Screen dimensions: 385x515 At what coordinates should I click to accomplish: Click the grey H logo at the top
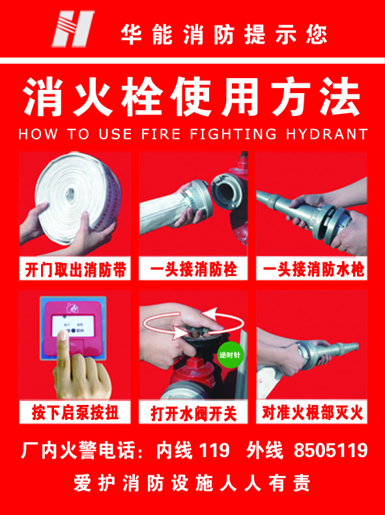[72, 29]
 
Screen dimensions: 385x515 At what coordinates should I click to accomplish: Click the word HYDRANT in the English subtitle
[326, 134]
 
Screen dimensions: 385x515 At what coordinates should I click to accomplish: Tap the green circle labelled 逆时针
[230, 355]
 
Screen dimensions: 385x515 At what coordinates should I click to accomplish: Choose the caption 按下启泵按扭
[75, 413]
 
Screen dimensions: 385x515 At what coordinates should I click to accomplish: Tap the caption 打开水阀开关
[193, 413]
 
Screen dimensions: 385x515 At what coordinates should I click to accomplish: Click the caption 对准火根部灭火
[312, 413]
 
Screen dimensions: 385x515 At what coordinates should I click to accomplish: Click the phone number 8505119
[330, 450]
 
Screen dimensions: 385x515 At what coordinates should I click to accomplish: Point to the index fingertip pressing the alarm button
[63, 335]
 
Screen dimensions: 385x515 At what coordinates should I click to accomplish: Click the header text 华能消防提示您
[223, 35]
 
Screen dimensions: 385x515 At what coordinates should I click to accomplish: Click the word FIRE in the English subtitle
[161, 134]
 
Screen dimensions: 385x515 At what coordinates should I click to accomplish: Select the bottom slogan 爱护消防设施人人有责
[192, 483]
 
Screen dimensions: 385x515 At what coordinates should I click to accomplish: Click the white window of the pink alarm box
[73, 326]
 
